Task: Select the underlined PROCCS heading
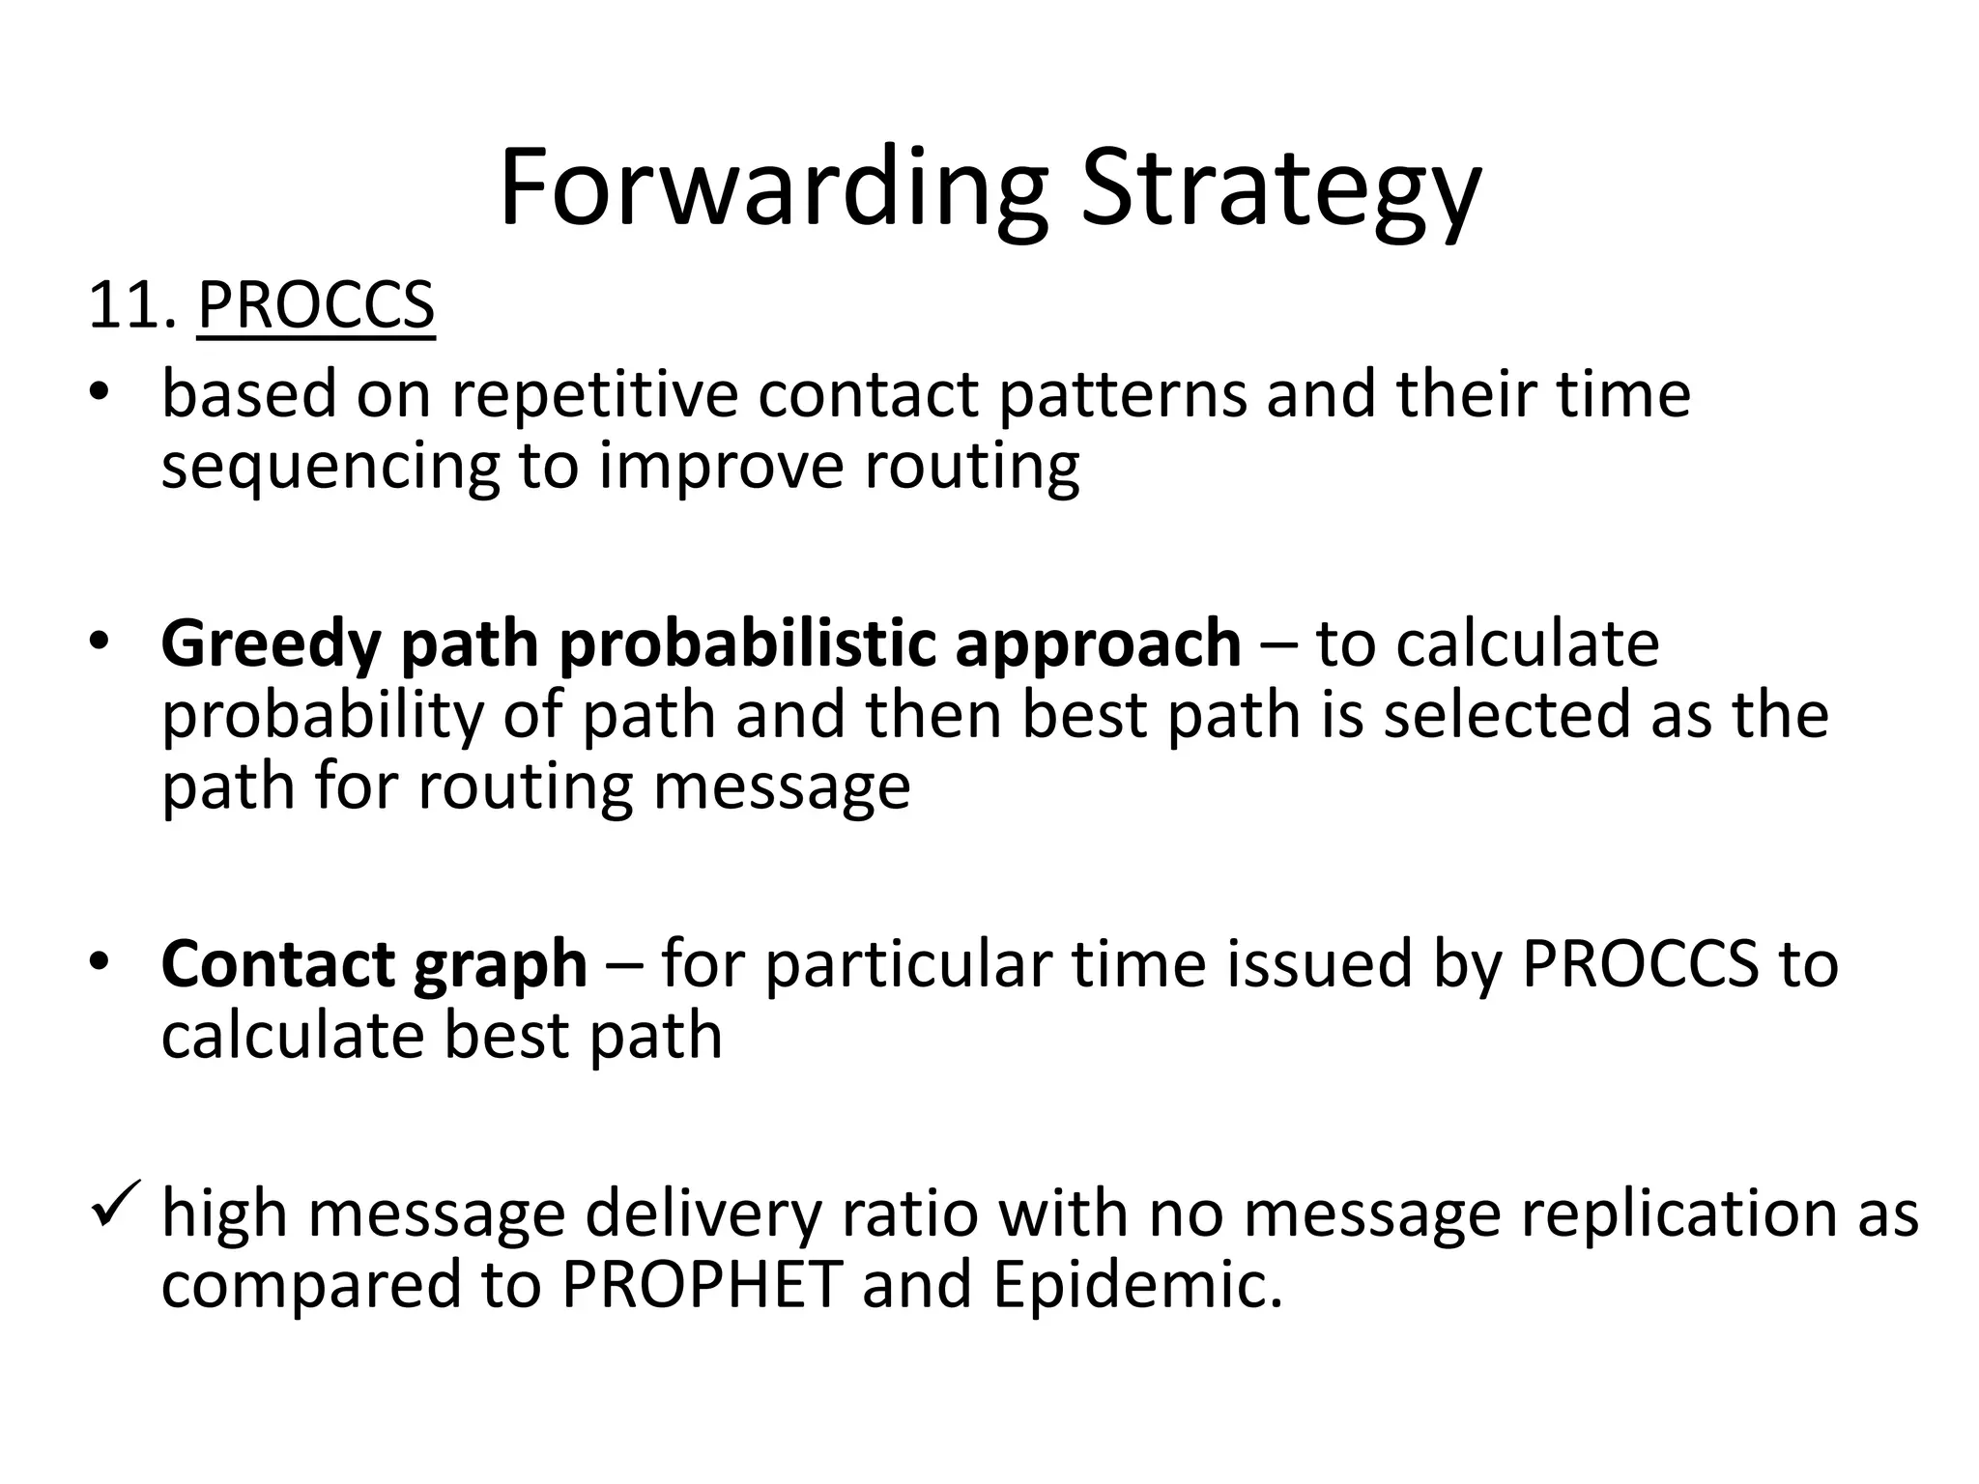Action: [316, 305]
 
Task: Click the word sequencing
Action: [330, 466]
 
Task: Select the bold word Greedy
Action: [271, 643]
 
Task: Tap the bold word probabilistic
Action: [747, 643]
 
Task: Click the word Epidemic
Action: [1137, 1284]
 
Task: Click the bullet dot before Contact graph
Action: [100, 961]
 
